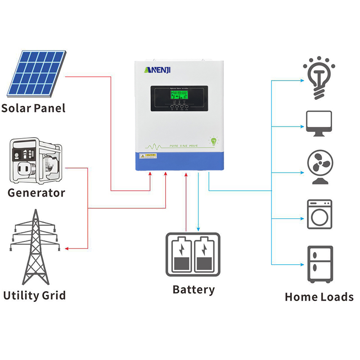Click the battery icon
tap(193, 254)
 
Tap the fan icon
tap(319, 167)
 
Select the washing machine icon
tap(319, 214)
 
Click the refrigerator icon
tap(320, 265)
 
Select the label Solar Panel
tap(33, 108)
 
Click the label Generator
tap(36, 193)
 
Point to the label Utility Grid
tap(34, 296)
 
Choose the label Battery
tap(193, 289)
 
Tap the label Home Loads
tap(319, 297)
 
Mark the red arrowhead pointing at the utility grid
tap(67, 248)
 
